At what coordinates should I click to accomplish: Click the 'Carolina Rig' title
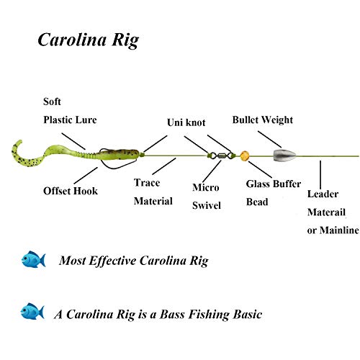[x=88, y=40]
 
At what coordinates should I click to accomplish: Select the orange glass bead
[x=245, y=154]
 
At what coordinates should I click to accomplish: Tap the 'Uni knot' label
[x=186, y=122]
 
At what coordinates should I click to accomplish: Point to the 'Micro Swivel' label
[x=207, y=197]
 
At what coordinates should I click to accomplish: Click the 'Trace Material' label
[x=153, y=192]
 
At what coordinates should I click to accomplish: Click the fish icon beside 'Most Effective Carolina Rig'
[x=33, y=258]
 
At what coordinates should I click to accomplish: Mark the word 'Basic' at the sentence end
[x=245, y=314]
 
